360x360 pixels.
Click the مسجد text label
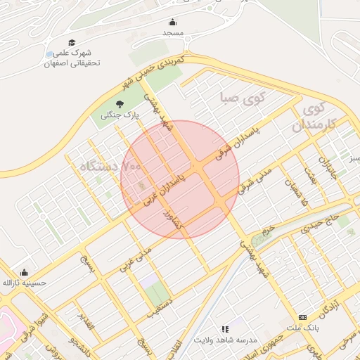173,34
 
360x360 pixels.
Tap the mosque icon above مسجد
173,22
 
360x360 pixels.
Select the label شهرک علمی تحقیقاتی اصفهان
73,58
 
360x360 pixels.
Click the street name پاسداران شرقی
239,136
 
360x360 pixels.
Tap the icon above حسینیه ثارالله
25,273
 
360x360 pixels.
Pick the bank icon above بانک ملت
303,317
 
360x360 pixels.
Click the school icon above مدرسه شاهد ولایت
225,328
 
